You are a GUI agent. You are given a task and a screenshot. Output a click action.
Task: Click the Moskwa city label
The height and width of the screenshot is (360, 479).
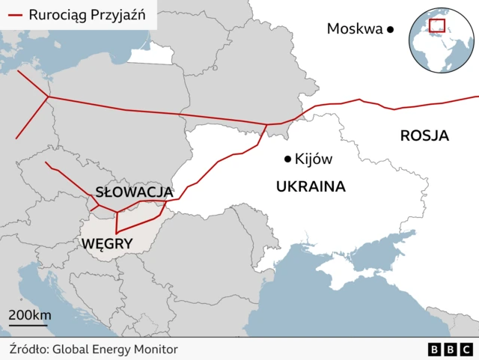click(355, 29)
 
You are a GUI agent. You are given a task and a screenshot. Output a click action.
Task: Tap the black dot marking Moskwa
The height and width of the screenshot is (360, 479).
click(390, 29)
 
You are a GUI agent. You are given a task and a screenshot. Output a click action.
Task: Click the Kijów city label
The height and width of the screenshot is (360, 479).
click(314, 159)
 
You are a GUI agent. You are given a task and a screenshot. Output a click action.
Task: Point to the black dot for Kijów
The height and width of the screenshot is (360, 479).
click(287, 159)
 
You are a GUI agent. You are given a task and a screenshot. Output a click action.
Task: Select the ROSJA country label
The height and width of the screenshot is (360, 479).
click(424, 135)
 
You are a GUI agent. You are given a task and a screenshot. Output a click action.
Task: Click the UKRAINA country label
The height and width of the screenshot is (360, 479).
click(311, 186)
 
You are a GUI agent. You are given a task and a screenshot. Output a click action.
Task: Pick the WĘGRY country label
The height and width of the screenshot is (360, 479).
click(107, 243)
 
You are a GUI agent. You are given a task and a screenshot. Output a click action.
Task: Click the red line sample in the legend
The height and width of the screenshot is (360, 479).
click(14, 14)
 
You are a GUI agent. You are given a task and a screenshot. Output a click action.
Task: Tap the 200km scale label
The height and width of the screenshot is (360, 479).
click(30, 314)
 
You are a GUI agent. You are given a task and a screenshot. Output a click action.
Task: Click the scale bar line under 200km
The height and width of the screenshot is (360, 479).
click(28, 325)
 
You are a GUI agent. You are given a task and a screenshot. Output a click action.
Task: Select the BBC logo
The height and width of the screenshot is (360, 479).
click(450, 350)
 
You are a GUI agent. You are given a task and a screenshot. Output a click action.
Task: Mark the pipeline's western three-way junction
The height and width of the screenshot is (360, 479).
click(49, 97)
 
